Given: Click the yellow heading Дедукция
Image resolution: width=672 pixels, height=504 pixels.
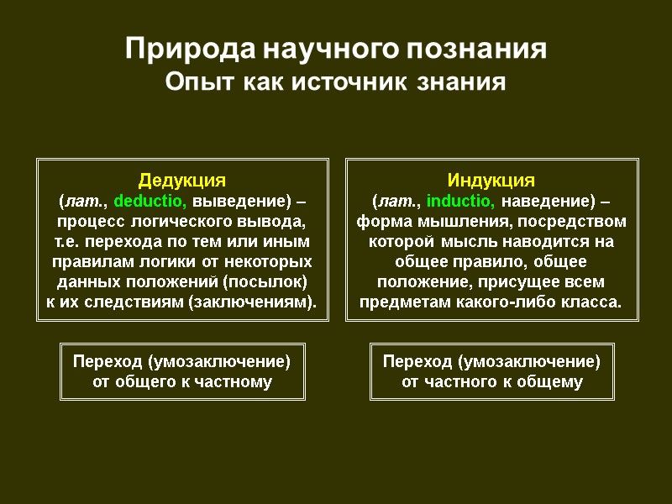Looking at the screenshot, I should [181, 181].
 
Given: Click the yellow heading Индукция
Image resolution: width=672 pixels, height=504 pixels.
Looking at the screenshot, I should [491, 181].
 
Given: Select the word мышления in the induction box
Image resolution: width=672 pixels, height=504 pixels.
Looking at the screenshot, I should [468, 222].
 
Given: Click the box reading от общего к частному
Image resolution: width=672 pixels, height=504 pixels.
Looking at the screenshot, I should [181, 371].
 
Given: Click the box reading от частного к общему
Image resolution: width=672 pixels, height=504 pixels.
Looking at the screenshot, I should [491, 371].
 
